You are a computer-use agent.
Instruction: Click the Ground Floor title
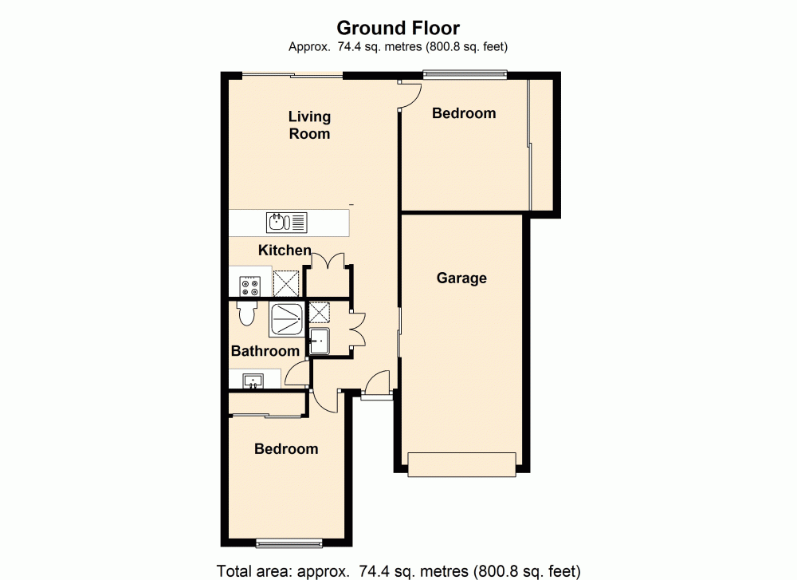(x=398, y=30)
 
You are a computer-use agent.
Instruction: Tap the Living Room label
(x=309, y=125)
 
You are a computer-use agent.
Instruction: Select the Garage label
(x=461, y=278)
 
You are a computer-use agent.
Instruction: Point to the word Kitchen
(x=285, y=251)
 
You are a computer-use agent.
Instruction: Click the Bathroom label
(x=265, y=351)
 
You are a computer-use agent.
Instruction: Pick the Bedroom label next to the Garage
(x=464, y=113)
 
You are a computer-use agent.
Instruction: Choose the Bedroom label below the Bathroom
(x=286, y=449)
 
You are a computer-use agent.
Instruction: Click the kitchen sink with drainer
(x=287, y=222)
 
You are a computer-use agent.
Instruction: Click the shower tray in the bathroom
(x=285, y=318)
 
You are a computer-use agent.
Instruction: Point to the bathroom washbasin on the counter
(x=255, y=381)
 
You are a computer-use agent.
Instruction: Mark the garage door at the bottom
(x=461, y=464)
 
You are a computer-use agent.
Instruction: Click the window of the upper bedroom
(x=465, y=75)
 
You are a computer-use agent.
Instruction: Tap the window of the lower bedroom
(x=289, y=544)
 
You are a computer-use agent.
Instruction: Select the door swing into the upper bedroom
(x=410, y=96)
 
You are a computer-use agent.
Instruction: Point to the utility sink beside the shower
(x=320, y=341)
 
